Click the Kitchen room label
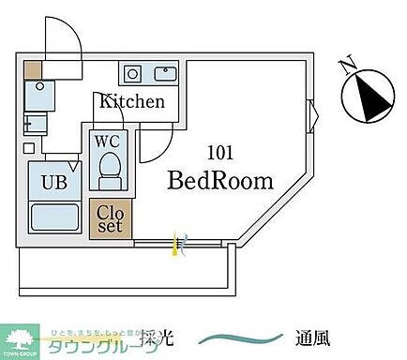click(x=133, y=102)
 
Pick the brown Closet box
click(x=111, y=217)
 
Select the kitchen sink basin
click(x=165, y=73)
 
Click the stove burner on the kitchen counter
click(x=133, y=73)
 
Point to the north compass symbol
click(x=363, y=98)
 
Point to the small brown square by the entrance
click(x=34, y=69)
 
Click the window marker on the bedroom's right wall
click(x=313, y=116)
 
